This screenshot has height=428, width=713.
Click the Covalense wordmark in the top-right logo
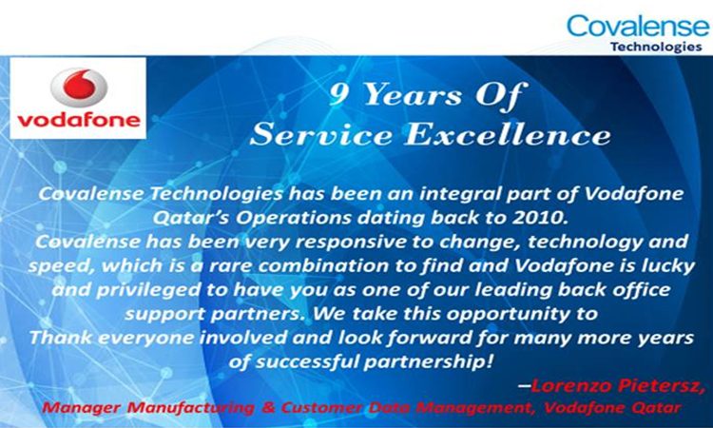coord(637,25)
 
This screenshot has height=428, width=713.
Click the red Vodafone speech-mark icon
coord(79,87)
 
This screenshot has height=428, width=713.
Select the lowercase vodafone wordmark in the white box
coord(79,121)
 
